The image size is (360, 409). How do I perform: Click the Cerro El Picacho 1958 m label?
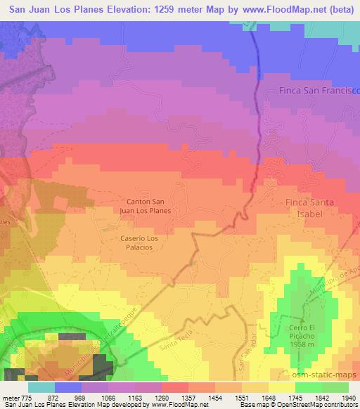307,333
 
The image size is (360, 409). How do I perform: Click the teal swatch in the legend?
41,387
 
